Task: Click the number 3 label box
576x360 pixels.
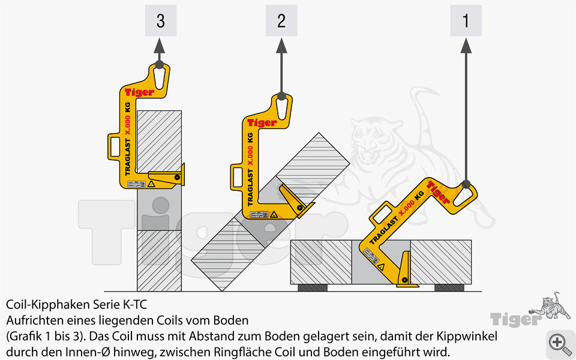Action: point(160,21)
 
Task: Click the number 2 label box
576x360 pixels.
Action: point(281,21)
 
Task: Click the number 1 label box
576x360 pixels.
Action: point(466,21)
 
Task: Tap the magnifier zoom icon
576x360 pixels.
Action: point(559,343)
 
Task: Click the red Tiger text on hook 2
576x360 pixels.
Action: point(262,122)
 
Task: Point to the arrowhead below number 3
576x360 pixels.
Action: point(160,45)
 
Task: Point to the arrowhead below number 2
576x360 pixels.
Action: point(281,45)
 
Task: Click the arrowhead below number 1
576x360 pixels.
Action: point(466,45)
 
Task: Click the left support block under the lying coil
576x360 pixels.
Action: point(313,287)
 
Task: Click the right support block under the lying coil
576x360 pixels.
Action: point(449,287)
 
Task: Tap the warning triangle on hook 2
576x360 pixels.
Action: point(273,214)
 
